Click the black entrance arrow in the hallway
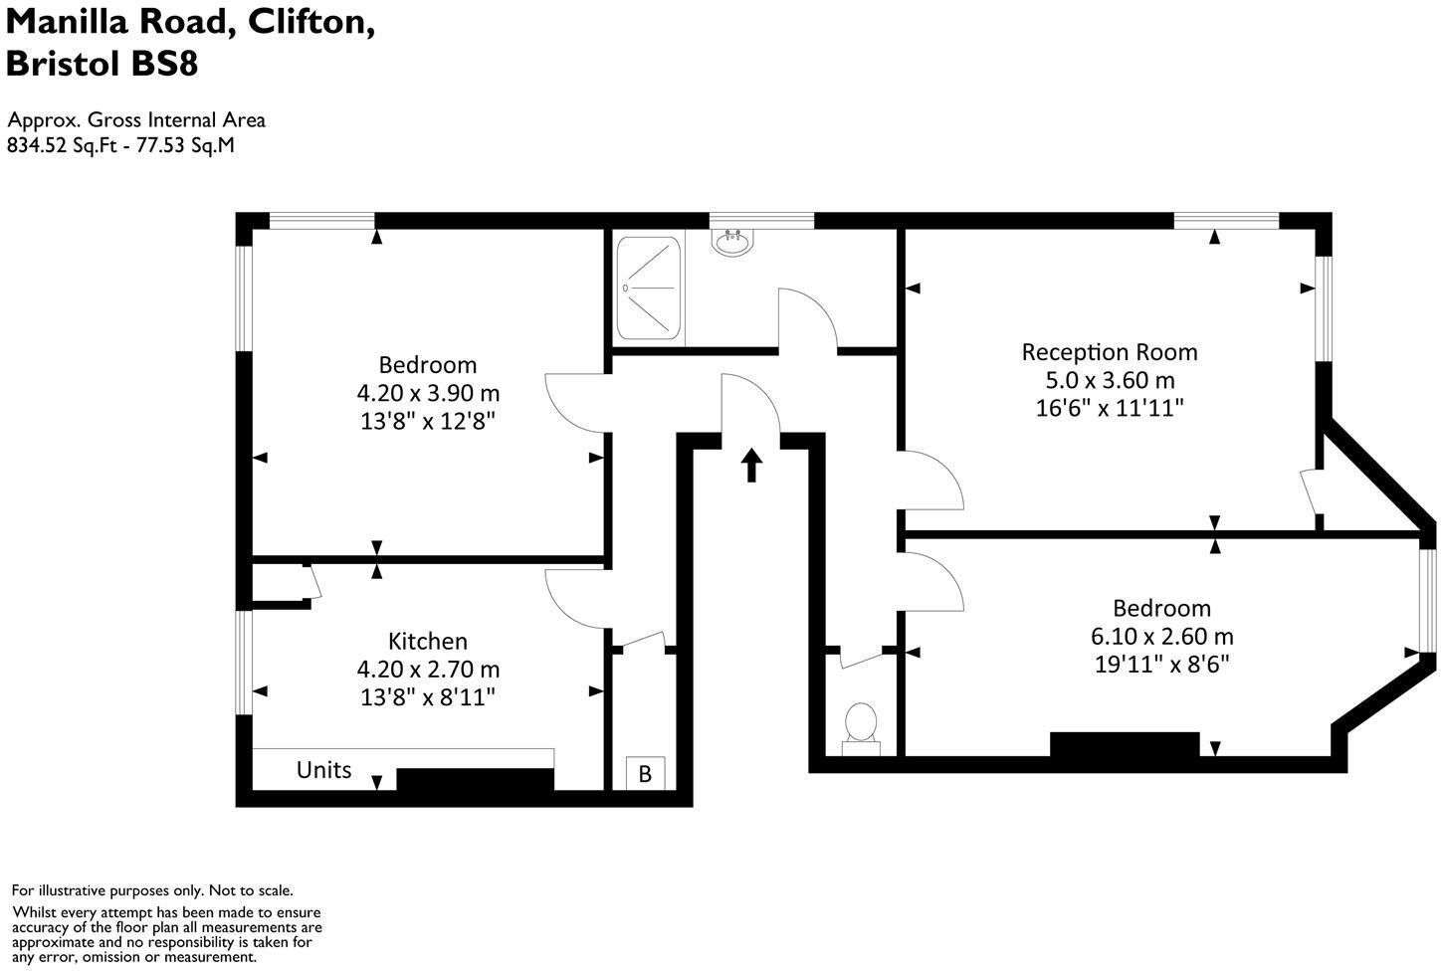[751, 466]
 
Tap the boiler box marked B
[645, 773]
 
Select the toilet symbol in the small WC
[861, 724]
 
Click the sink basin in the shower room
[733, 242]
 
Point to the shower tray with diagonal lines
[649, 289]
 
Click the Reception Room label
[1110, 352]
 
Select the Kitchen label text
[428, 642]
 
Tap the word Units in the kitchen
[323, 770]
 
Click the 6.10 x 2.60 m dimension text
[1162, 636]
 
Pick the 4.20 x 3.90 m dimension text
[428, 393]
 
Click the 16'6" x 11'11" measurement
[1110, 408]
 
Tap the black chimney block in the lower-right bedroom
[1125, 744]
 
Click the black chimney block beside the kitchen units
[475, 780]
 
